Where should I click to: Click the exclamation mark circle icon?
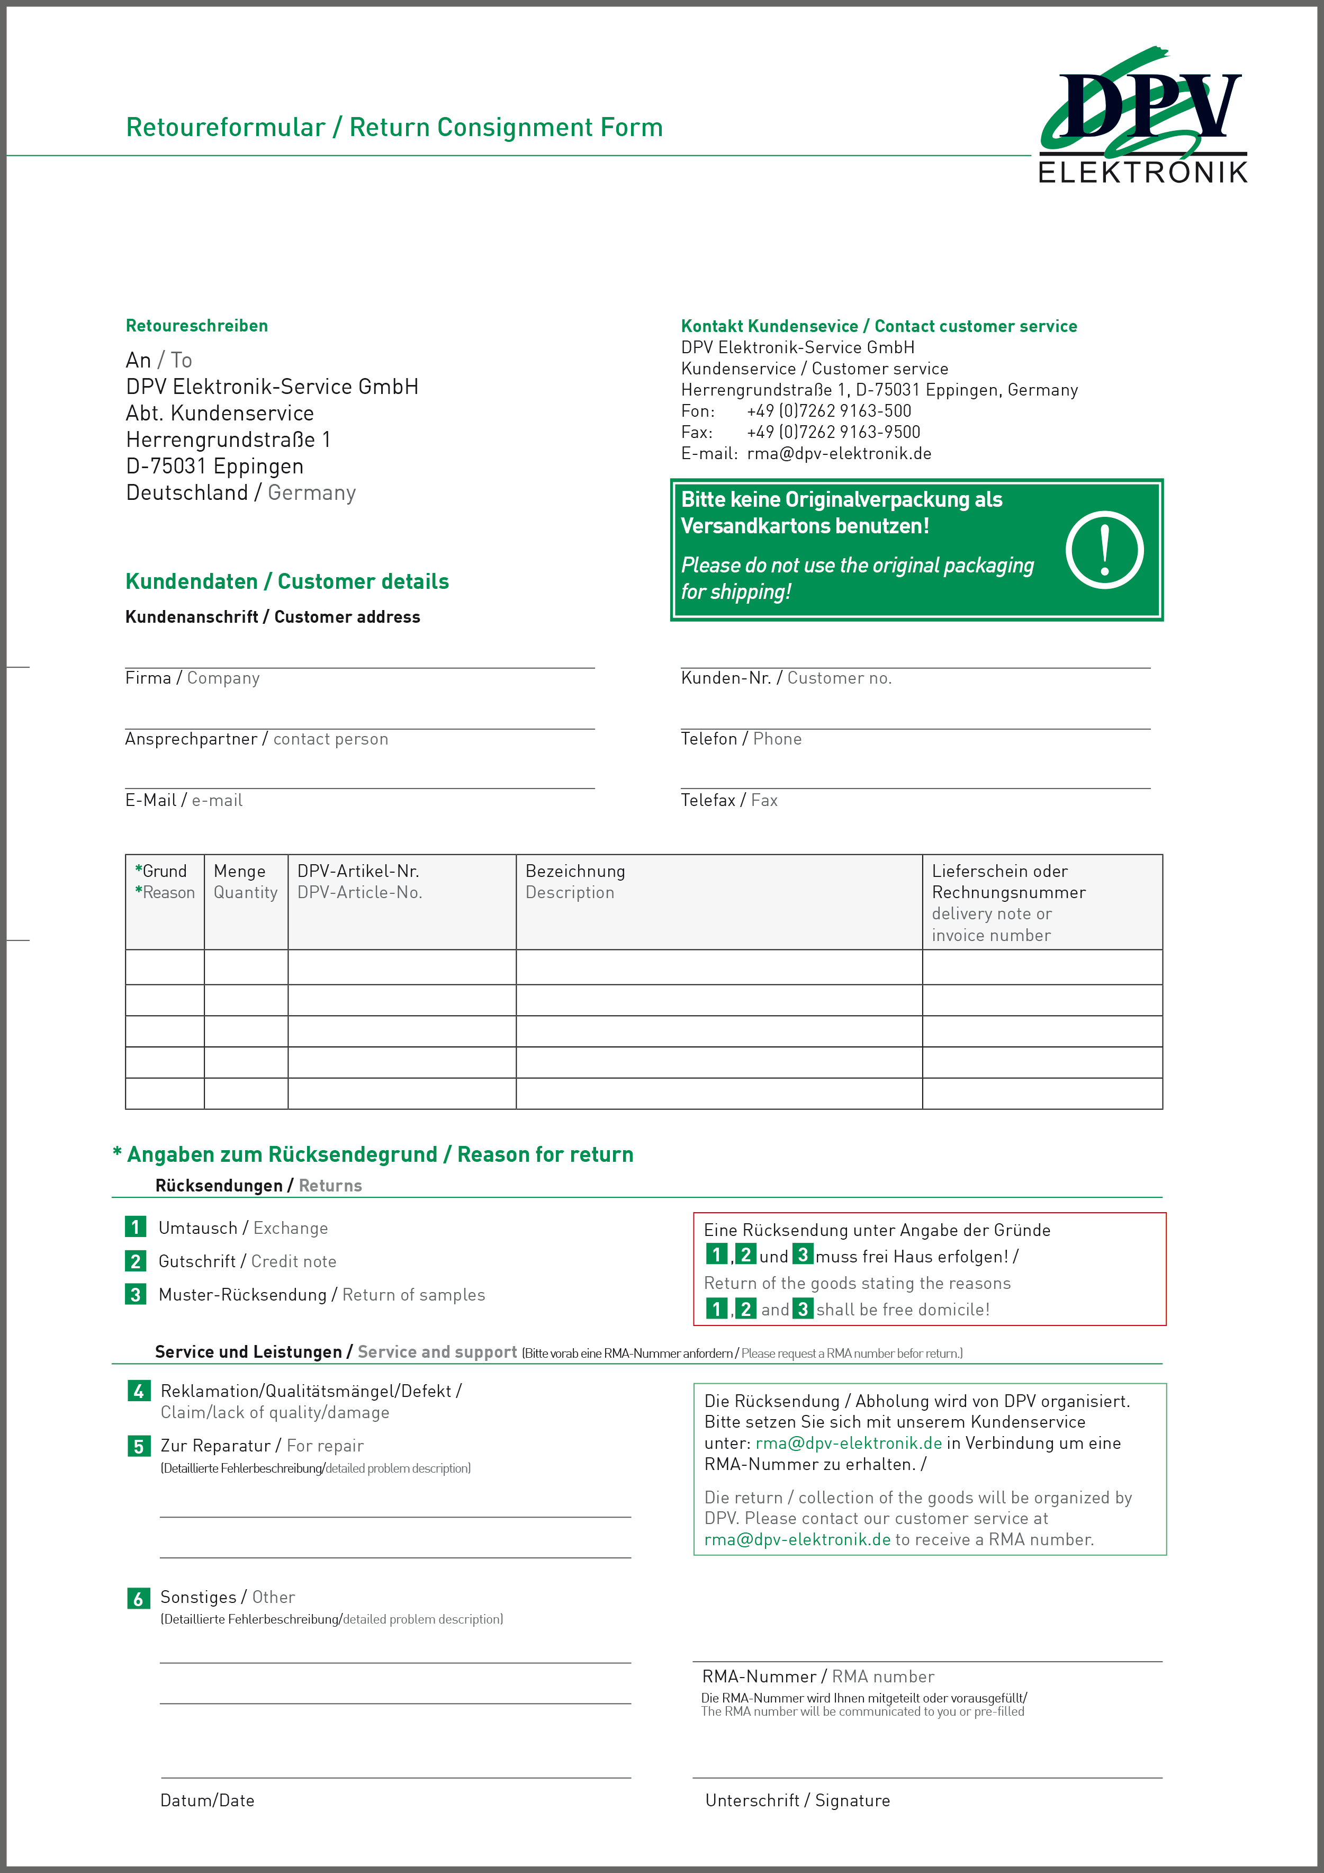click(x=1104, y=550)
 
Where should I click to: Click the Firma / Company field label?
click(x=193, y=678)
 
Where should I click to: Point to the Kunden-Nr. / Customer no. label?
click(x=786, y=678)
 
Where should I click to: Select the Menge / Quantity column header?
click(x=245, y=882)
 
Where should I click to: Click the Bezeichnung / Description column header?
click(x=575, y=882)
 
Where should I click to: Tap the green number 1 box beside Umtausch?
click(x=136, y=1227)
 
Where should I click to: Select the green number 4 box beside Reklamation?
click(x=138, y=1391)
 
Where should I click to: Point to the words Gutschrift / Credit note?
click(x=247, y=1261)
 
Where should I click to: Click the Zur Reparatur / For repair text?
click(x=262, y=1446)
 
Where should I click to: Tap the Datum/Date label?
click(x=207, y=1800)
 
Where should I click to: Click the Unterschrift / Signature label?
click(x=797, y=1800)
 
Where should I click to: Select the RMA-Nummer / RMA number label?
click(x=817, y=1677)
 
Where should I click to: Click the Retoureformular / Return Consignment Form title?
click(x=394, y=127)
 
